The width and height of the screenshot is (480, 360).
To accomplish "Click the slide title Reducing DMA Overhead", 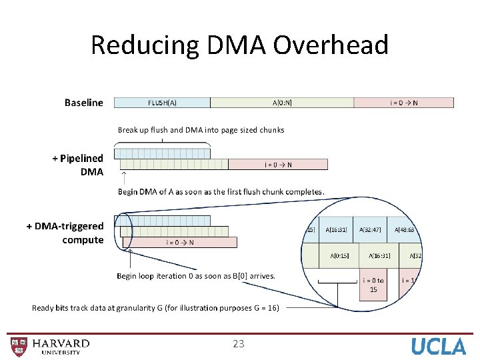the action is pyautogui.click(x=239, y=45).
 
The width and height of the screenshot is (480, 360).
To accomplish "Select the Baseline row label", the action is pyautogui.click(x=84, y=103).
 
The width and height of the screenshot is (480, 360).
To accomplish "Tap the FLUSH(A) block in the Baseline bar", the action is pyautogui.click(x=162, y=103).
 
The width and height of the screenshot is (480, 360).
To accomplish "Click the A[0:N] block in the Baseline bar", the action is pyautogui.click(x=282, y=103).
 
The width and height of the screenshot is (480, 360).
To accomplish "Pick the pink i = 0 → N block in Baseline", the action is pyautogui.click(x=404, y=103).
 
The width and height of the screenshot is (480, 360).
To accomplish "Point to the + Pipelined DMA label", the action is pyautogui.click(x=79, y=165).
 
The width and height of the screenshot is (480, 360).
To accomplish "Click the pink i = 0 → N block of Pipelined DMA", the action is pyautogui.click(x=278, y=165).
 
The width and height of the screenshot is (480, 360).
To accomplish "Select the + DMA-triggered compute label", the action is pyautogui.click(x=66, y=233).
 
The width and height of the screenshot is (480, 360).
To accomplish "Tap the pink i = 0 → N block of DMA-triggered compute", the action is pyautogui.click(x=179, y=242).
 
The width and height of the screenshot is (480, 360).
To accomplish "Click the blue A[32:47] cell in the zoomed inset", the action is pyautogui.click(x=369, y=229).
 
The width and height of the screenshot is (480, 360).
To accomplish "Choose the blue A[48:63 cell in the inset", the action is pyautogui.click(x=404, y=229).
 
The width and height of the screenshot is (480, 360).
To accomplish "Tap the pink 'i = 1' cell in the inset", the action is pyautogui.click(x=408, y=281).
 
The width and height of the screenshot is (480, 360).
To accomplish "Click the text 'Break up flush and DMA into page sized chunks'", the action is pyautogui.click(x=201, y=130).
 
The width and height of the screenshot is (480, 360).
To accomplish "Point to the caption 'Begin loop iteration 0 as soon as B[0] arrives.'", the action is pyautogui.click(x=196, y=276).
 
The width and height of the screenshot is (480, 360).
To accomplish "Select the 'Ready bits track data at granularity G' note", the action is pyautogui.click(x=155, y=307).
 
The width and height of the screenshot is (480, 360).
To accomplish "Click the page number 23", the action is pyautogui.click(x=239, y=344).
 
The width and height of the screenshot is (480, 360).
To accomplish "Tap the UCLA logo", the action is pyautogui.click(x=438, y=346).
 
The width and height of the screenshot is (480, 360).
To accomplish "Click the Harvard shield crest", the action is pyautogui.click(x=19, y=346).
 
